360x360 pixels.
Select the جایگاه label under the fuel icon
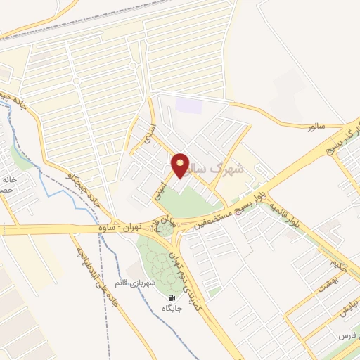[172, 309]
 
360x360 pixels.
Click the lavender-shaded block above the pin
[189, 106]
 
